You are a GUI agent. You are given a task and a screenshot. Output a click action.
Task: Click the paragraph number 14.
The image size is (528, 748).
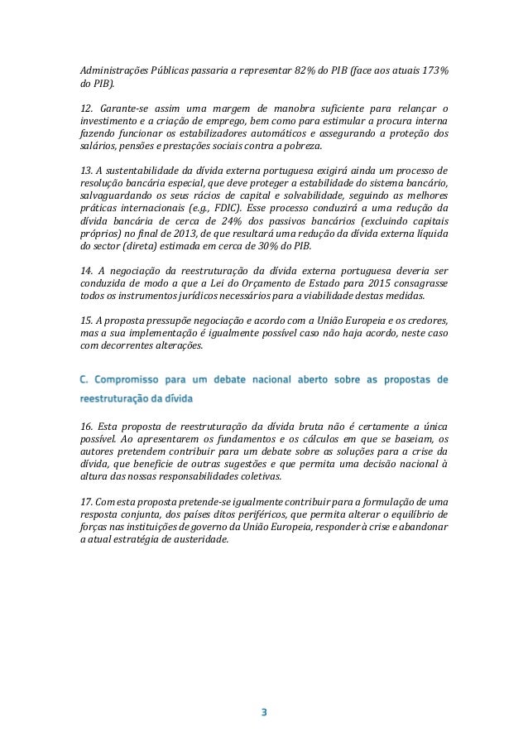84,270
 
